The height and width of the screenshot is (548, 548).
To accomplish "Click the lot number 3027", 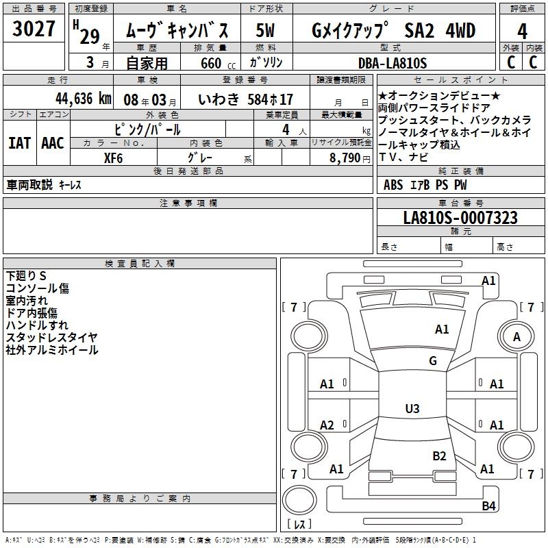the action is (x=34, y=31).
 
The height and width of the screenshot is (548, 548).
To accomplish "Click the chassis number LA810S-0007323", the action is (x=460, y=218).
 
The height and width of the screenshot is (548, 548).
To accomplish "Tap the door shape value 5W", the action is (x=266, y=31).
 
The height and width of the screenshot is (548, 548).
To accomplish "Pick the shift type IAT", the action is (x=19, y=143).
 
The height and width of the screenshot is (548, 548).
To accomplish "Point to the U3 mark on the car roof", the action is (x=412, y=409).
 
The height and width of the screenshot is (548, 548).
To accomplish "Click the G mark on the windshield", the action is (x=433, y=361).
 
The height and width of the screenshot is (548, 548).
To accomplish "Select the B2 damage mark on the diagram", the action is (x=439, y=456).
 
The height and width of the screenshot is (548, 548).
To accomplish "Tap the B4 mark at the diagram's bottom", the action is (x=488, y=506).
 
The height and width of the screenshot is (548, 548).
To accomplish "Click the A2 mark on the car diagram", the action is (x=327, y=425).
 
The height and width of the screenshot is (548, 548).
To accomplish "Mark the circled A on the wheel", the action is (x=516, y=336).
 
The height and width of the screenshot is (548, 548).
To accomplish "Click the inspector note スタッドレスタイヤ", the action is (x=52, y=337).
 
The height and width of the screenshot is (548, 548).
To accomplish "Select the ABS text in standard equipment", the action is (x=393, y=185).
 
